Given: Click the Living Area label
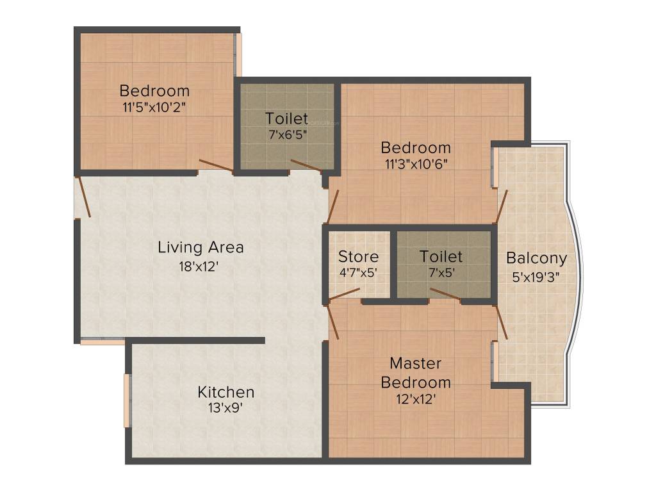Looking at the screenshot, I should coord(201,247).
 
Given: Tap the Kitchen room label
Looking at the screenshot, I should coord(225,391).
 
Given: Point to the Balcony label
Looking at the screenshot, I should coord(536,258).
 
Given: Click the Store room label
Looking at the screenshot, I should coord(358,257).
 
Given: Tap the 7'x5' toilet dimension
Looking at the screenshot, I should coord(441,272).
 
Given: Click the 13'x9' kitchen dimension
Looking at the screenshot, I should coord(225,407).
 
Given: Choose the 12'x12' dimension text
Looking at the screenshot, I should coord(416,399).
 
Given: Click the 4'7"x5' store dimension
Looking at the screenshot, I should coord(358,272).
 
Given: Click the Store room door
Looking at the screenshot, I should coord(344,293).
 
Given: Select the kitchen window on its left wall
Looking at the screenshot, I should coord(127,400).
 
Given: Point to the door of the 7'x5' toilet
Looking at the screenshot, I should coord(445,294).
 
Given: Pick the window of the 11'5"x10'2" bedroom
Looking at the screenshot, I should coord(238,54).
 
